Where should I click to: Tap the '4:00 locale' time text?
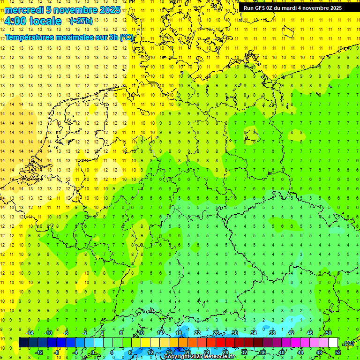click(33, 21)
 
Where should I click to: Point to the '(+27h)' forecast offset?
click(81, 21)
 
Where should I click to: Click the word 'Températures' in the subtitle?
click(32, 37)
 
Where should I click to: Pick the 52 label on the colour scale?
click(338, 352)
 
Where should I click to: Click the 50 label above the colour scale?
click(328, 333)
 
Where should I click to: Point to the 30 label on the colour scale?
click(235, 333)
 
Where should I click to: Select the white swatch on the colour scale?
click(333, 342)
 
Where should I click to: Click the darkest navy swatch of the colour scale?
click(23, 342)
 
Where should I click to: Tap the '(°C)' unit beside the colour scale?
click(348, 343)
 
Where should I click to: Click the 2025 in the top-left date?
click(110, 10)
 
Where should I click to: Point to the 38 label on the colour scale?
click(272, 333)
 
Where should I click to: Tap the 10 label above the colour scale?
click(141, 333)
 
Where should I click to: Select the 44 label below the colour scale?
click(300, 352)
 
